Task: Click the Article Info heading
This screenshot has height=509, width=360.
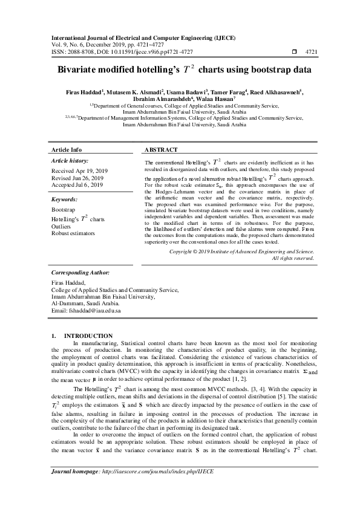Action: pos(67,149)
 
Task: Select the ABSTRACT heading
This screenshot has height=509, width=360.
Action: pos(162,149)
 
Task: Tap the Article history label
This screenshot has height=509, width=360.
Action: pos(70,161)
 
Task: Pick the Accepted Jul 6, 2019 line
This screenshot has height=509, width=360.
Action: pos(77,185)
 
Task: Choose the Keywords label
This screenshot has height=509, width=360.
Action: pos(65,199)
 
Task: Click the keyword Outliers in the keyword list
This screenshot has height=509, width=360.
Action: pos(62,226)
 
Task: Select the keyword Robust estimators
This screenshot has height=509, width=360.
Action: pos(73,233)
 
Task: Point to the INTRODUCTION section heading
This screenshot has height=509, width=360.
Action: pos(88,336)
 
